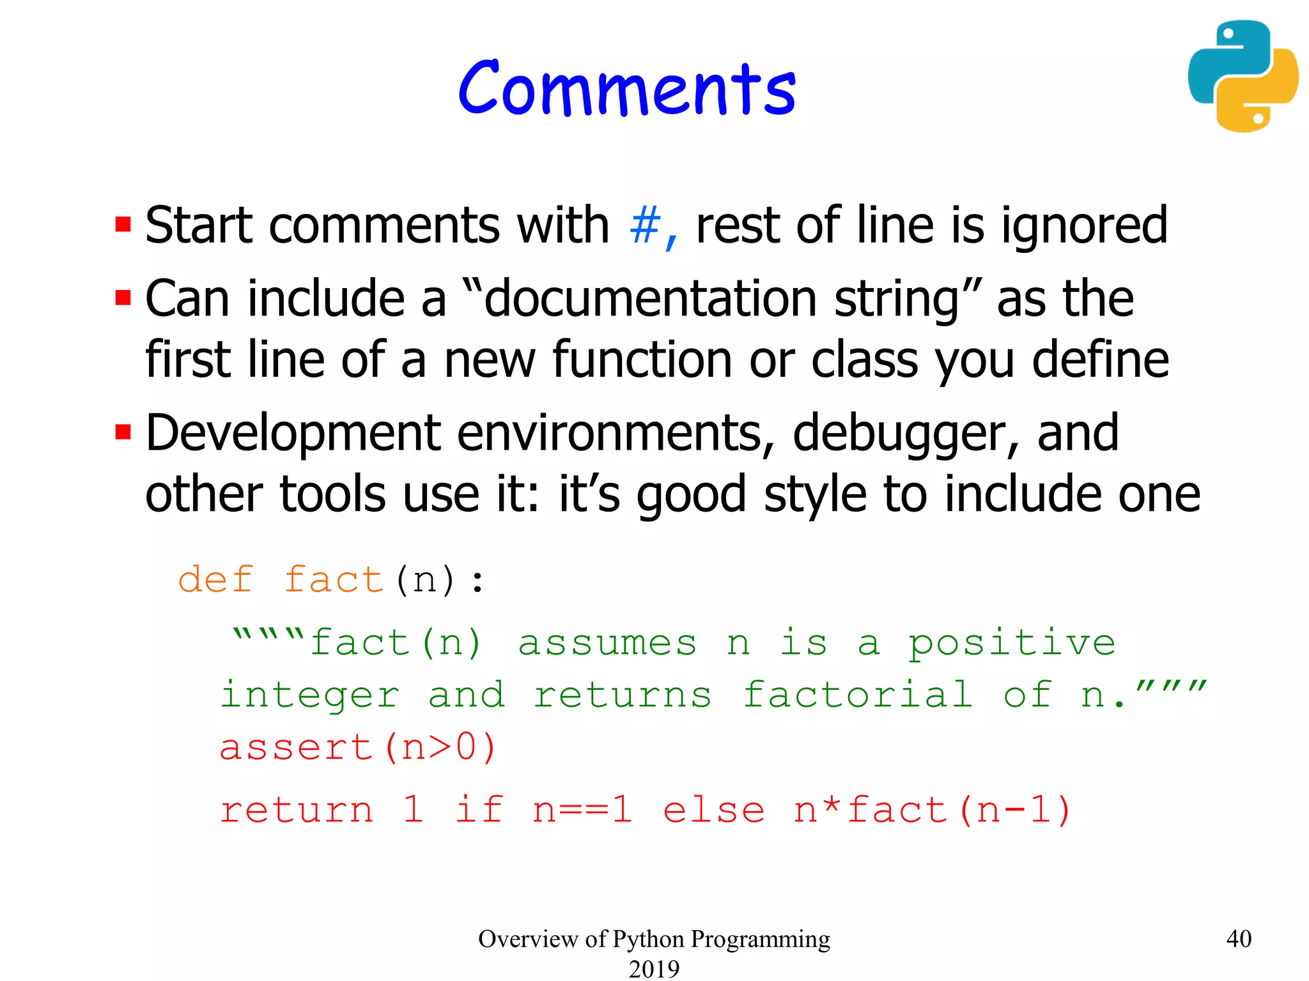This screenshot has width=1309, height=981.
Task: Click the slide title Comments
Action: [x=626, y=89]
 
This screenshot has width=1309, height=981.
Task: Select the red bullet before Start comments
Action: [x=123, y=225]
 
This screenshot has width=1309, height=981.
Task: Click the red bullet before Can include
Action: [x=123, y=298]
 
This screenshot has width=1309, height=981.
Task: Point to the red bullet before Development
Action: [x=123, y=433]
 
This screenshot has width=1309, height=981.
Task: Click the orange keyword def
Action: [x=215, y=580]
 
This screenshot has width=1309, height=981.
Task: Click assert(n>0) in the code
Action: [x=358, y=747]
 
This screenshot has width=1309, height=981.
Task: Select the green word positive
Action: [x=1012, y=643]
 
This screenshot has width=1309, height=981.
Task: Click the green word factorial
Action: [x=858, y=694]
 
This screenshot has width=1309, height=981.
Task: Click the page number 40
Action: [x=1239, y=939]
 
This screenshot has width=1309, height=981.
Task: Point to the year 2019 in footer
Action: [x=654, y=968]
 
